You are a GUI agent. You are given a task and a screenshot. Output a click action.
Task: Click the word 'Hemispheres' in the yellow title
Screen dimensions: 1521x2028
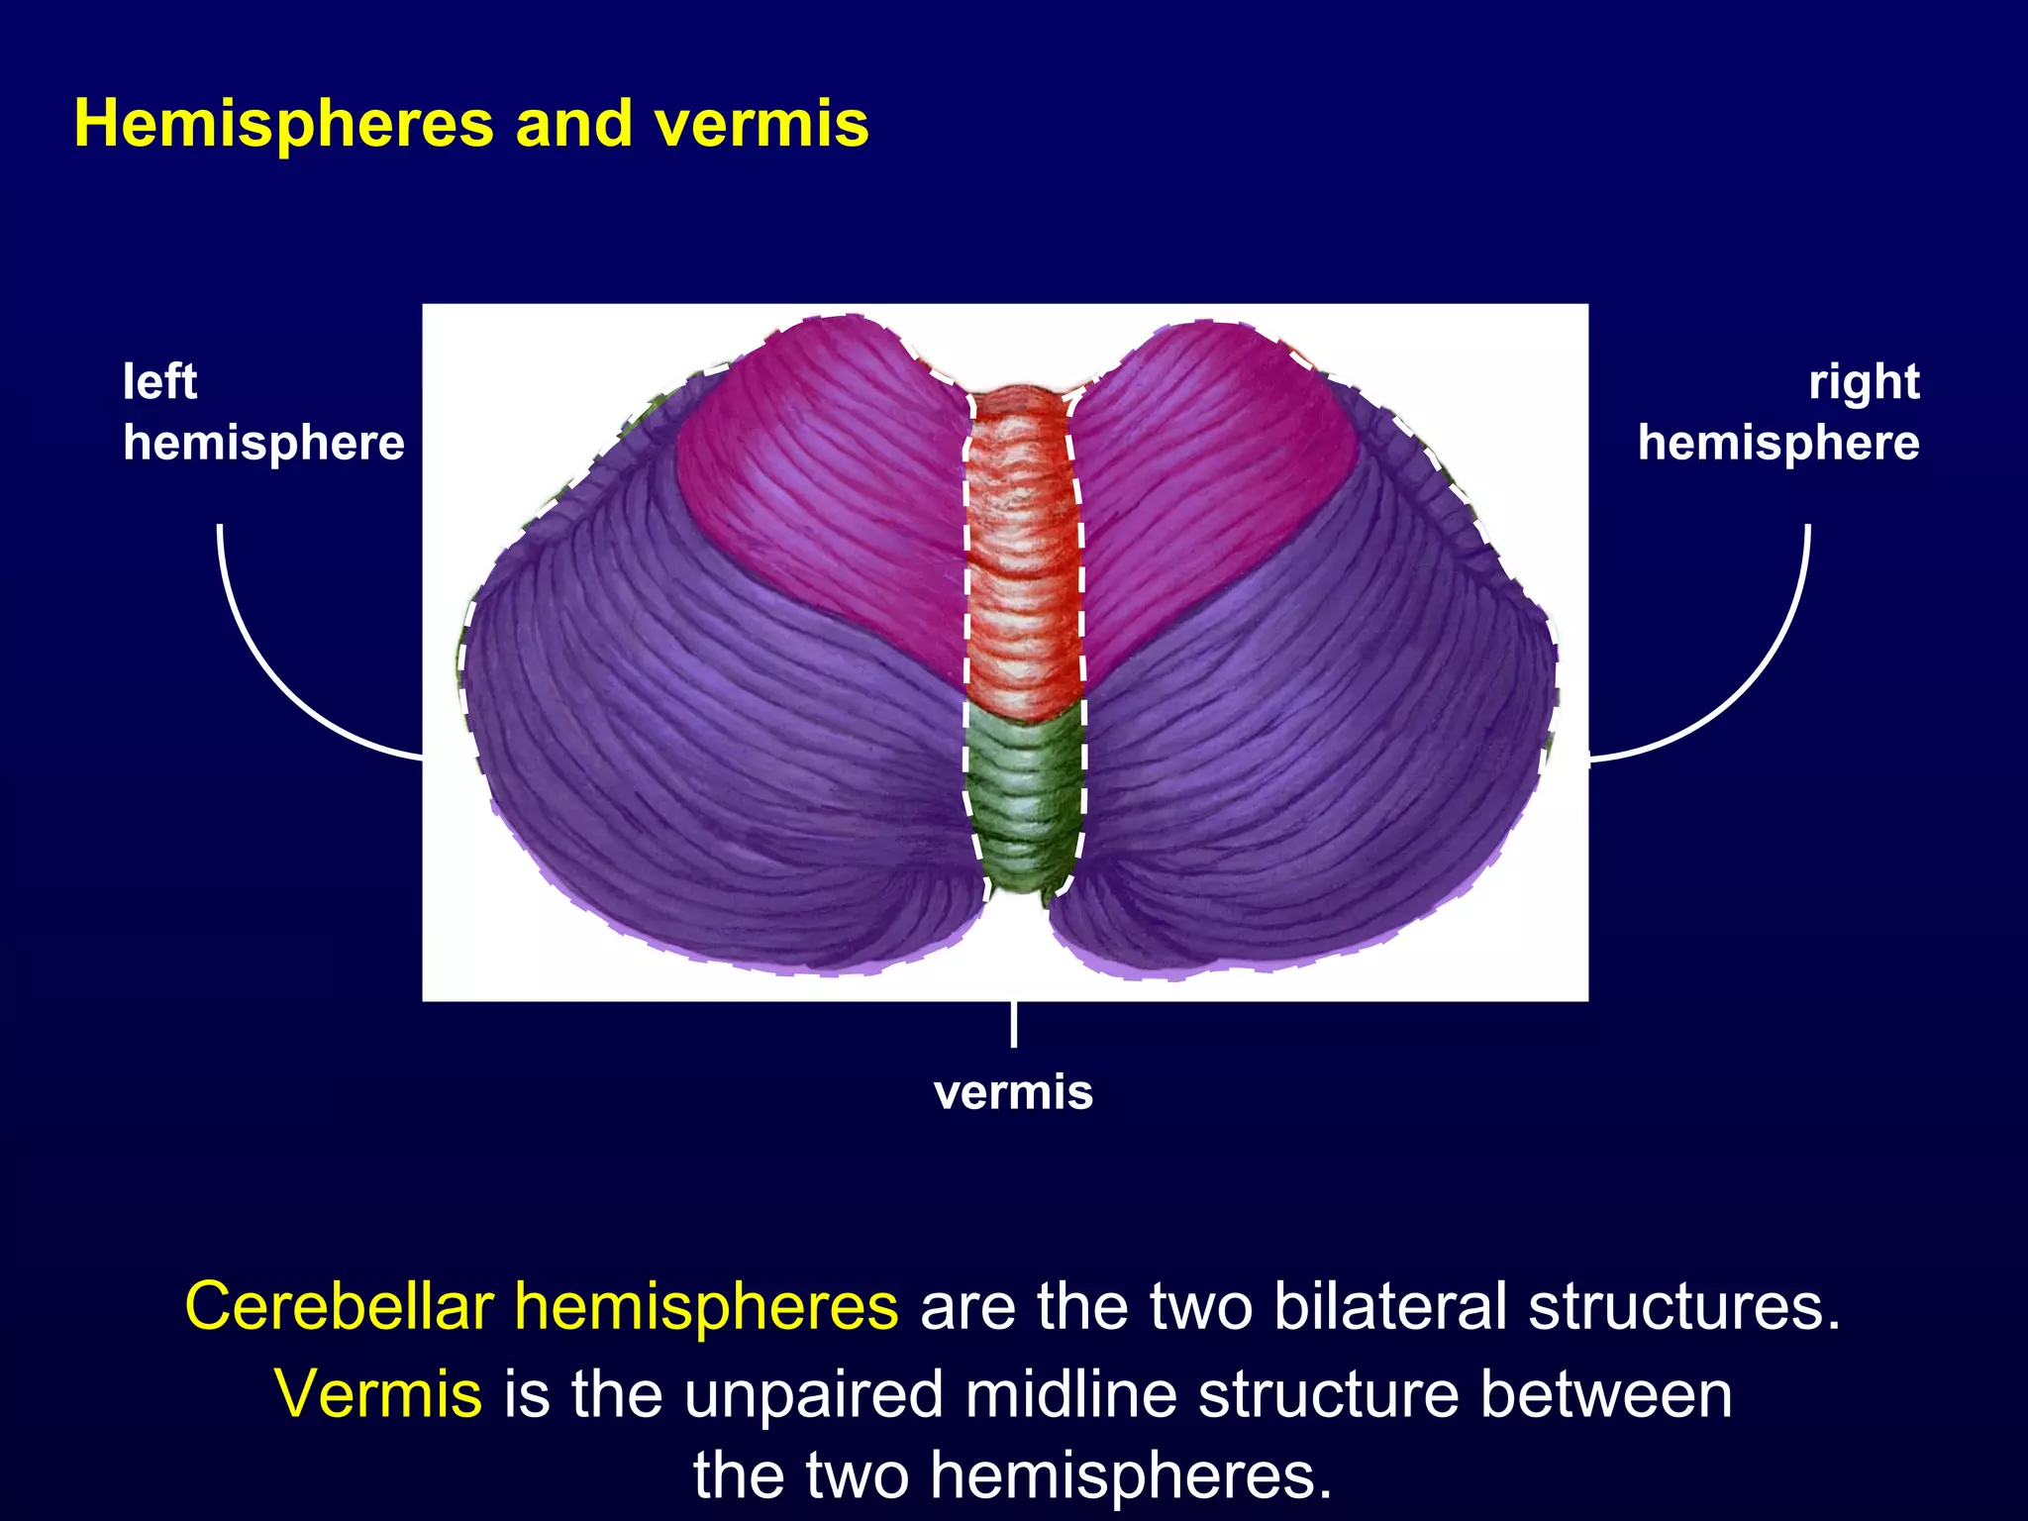click(283, 126)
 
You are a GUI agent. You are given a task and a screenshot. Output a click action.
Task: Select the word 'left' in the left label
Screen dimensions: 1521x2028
click(159, 382)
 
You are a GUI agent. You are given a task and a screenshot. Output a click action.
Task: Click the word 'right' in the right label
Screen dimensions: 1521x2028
click(1864, 382)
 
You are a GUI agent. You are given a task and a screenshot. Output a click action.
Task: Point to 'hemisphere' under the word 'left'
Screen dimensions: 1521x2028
click(263, 443)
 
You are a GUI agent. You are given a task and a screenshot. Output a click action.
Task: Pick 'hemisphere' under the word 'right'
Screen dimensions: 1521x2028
click(1778, 443)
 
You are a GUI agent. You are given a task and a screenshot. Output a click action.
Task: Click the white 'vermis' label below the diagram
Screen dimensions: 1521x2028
click(1013, 1092)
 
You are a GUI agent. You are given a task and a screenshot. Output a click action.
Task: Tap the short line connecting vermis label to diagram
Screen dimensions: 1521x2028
click(1013, 1024)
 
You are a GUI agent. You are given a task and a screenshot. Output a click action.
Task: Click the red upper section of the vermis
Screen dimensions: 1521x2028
click(1022, 555)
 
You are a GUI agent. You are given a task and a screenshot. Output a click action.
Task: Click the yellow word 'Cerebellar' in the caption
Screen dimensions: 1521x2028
click(339, 1306)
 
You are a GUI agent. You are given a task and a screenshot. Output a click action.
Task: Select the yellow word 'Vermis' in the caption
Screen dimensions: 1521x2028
click(378, 1393)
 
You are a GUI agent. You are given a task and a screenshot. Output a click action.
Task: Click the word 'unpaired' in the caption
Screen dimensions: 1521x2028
click(813, 1393)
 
